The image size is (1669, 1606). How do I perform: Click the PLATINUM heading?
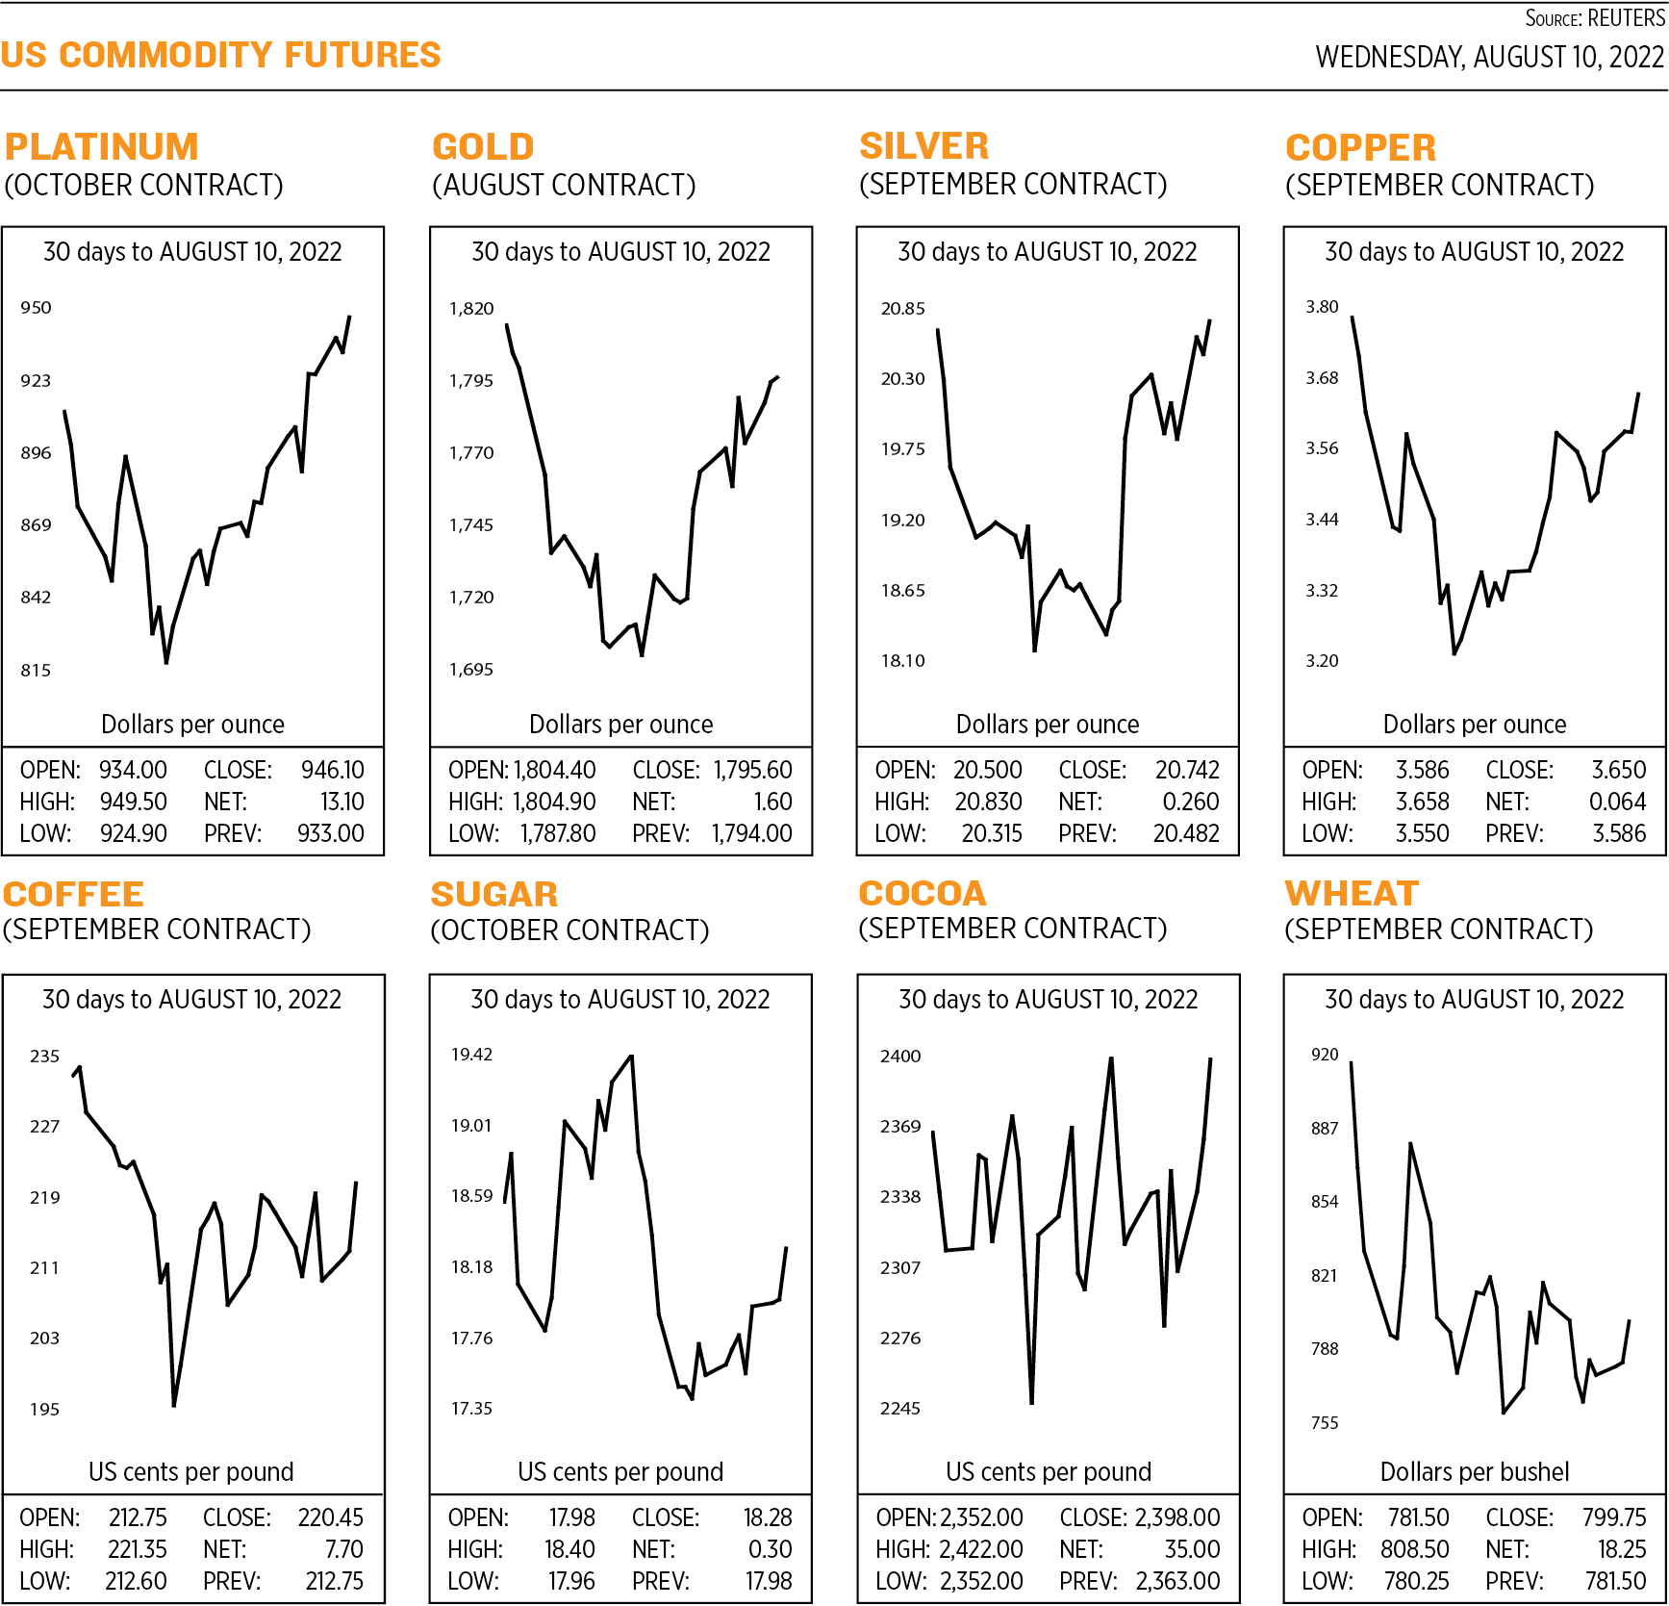point(101,147)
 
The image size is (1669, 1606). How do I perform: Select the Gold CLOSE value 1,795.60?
point(752,770)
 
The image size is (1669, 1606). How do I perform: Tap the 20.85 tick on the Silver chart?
point(902,309)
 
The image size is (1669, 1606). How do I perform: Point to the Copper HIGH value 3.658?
point(1422,802)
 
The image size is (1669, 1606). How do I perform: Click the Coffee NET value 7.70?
point(343,1549)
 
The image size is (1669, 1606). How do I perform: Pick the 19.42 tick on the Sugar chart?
point(471,1055)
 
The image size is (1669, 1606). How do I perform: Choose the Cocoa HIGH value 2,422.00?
point(980,1549)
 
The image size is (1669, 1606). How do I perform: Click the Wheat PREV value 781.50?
point(1615,1581)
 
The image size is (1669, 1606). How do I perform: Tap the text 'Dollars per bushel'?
point(1474,1471)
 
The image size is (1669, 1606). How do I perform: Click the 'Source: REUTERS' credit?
point(1594,18)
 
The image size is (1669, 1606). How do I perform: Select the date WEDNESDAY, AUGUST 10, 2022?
point(1489,58)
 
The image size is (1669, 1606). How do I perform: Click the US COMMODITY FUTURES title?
point(220,55)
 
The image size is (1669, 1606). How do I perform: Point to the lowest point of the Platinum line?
point(165,663)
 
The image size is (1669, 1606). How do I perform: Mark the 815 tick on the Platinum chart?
point(36,671)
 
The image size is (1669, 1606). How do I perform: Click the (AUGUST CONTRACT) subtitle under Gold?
point(564,185)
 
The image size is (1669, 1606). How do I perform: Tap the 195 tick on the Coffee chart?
point(44,1410)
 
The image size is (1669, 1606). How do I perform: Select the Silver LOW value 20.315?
point(991,833)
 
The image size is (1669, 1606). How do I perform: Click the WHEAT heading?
point(1352,894)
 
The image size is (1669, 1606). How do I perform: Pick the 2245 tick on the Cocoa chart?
point(899,1409)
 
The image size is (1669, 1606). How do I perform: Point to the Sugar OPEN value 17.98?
point(571,1517)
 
